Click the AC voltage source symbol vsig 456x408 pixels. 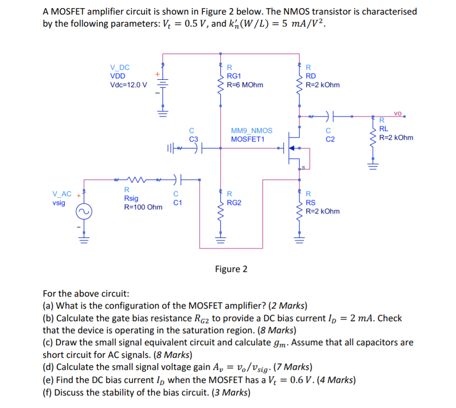click(x=83, y=212)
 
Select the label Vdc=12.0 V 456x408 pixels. click(x=128, y=84)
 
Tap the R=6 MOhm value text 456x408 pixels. click(x=245, y=85)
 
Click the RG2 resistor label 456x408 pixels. click(x=234, y=203)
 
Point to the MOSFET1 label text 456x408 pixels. click(x=247, y=139)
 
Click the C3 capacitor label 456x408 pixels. click(x=194, y=139)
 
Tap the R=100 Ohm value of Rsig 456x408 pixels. click(x=143, y=207)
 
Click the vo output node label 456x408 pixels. click(x=398, y=113)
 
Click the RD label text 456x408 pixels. click(x=311, y=76)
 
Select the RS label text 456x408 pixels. click(x=311, y=203)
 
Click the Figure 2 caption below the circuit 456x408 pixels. click(x=231, y=269)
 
